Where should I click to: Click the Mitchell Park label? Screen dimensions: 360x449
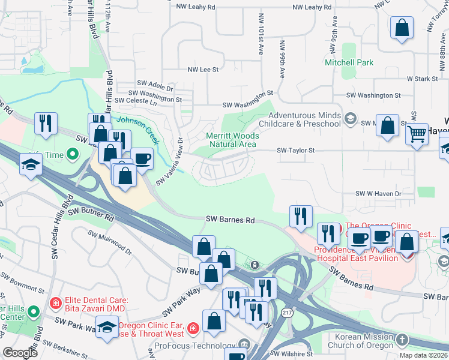click(x=349, y=62)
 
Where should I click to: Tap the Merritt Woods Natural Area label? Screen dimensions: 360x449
click(x=232, y=140)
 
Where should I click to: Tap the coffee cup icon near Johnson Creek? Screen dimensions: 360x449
click(x=142, y=159)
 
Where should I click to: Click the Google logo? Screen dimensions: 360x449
click(x=19, y=352)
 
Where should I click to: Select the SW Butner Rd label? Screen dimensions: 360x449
click(x=90, y=215)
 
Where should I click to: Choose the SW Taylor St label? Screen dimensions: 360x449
click(x=295, y=151)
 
